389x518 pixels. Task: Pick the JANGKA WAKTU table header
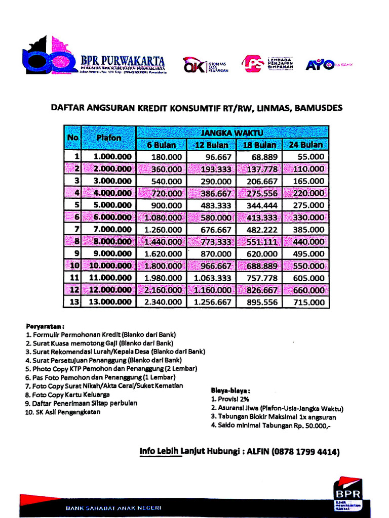click(x=232, y=133)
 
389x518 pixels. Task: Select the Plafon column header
click(x=109, y=138)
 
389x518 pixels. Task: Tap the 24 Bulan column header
click(x=306, y=145)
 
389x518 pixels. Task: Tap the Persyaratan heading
click(x=45, y=326)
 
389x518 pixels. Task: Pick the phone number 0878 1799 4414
click(x=306, y=452)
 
